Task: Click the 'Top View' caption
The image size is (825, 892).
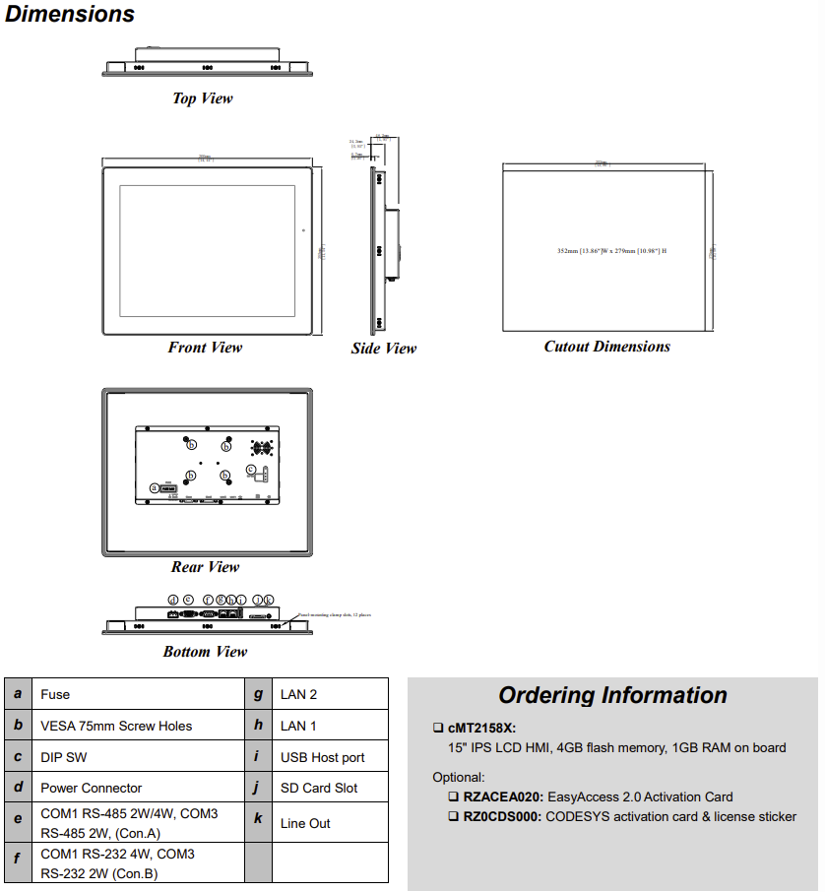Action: tap(203, 98)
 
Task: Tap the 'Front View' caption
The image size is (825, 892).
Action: tap(205, 348)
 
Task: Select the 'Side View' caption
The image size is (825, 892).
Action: tap(384, 349)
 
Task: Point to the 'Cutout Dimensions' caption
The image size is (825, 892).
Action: tap(607, 347)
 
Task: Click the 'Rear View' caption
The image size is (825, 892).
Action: tap(205, 567)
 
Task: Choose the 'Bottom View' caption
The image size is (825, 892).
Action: tap(205, 652)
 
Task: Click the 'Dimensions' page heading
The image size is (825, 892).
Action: tap(70, 15)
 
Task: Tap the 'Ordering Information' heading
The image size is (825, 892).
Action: tap(612, 695)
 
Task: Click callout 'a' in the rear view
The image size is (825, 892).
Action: tap(154, 487)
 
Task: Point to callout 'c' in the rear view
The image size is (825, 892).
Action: tap(251, 469)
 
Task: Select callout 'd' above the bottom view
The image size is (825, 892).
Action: tap(173, 599)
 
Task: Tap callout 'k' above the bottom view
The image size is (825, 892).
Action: tap(269, 599)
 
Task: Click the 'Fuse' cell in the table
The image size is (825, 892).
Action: tap(55, 694)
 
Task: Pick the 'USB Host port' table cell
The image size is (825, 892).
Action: tap(322, 757)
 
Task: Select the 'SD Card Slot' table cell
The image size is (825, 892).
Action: tap(319, 788)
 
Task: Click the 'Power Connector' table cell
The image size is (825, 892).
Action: tap(91, 788)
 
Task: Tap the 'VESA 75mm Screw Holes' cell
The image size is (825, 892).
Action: tap(116, 726)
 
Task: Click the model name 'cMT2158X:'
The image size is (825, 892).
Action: tap(481, 729)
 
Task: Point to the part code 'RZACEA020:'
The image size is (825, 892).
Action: tap(501, 796)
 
